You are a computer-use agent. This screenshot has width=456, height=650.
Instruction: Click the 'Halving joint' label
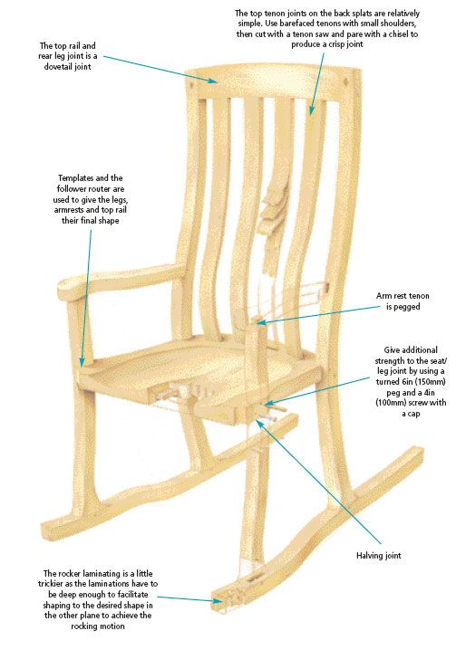[379, 555]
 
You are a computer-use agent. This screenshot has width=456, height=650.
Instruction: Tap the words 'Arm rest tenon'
[403, 295]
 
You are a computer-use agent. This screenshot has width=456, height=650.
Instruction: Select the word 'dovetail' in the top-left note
[60, 66]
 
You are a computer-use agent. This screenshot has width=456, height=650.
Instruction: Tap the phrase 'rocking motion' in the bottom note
[98, 626]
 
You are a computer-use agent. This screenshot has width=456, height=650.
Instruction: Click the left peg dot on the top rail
[192, 86]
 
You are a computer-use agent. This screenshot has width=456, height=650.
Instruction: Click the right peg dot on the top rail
[346, 86]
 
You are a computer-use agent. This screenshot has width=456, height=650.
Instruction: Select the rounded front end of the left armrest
[65, 289]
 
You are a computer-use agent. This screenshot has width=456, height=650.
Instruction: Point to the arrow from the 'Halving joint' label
[318, 482]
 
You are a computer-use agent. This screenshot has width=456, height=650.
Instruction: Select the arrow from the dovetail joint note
[160, 69]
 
